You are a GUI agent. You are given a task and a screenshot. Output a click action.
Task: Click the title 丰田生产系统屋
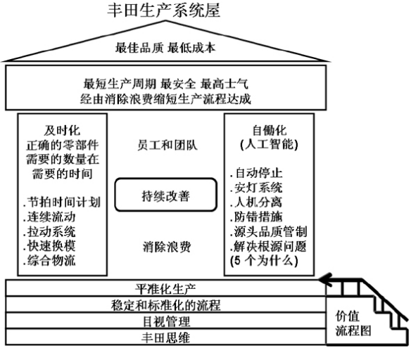(164, 11)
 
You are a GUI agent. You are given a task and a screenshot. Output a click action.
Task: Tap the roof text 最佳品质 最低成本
(165, 48)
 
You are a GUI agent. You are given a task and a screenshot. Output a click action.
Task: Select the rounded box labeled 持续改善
(165, 195)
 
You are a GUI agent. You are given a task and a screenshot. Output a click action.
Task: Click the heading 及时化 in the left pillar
(62, 130)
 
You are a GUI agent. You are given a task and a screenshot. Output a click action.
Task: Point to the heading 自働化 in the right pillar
(270, 130)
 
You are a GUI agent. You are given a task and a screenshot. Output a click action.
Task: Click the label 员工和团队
(167, 146)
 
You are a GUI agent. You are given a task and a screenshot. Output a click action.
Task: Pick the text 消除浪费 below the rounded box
(167, 247)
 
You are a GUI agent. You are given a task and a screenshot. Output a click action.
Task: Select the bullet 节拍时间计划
(62, 202)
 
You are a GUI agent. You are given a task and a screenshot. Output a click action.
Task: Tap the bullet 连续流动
(49, 217)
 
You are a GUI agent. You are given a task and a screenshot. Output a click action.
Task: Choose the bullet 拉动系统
(49, 231)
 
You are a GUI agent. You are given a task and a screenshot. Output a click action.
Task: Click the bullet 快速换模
(49, 246)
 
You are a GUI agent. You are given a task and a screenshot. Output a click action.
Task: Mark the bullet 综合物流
(49, 261)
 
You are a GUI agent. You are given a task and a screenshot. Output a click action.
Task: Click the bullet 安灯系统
(256, 188)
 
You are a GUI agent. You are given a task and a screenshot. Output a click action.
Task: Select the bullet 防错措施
(256, 217)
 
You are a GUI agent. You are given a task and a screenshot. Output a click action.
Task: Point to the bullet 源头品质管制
(269, 231)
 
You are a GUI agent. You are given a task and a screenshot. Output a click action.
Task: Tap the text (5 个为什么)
(264, 261)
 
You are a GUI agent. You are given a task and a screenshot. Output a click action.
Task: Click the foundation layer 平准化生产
(165, 289)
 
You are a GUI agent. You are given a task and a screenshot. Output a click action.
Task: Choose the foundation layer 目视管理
(167, 321)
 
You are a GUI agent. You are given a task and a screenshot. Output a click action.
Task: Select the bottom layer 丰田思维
(165, 337)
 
